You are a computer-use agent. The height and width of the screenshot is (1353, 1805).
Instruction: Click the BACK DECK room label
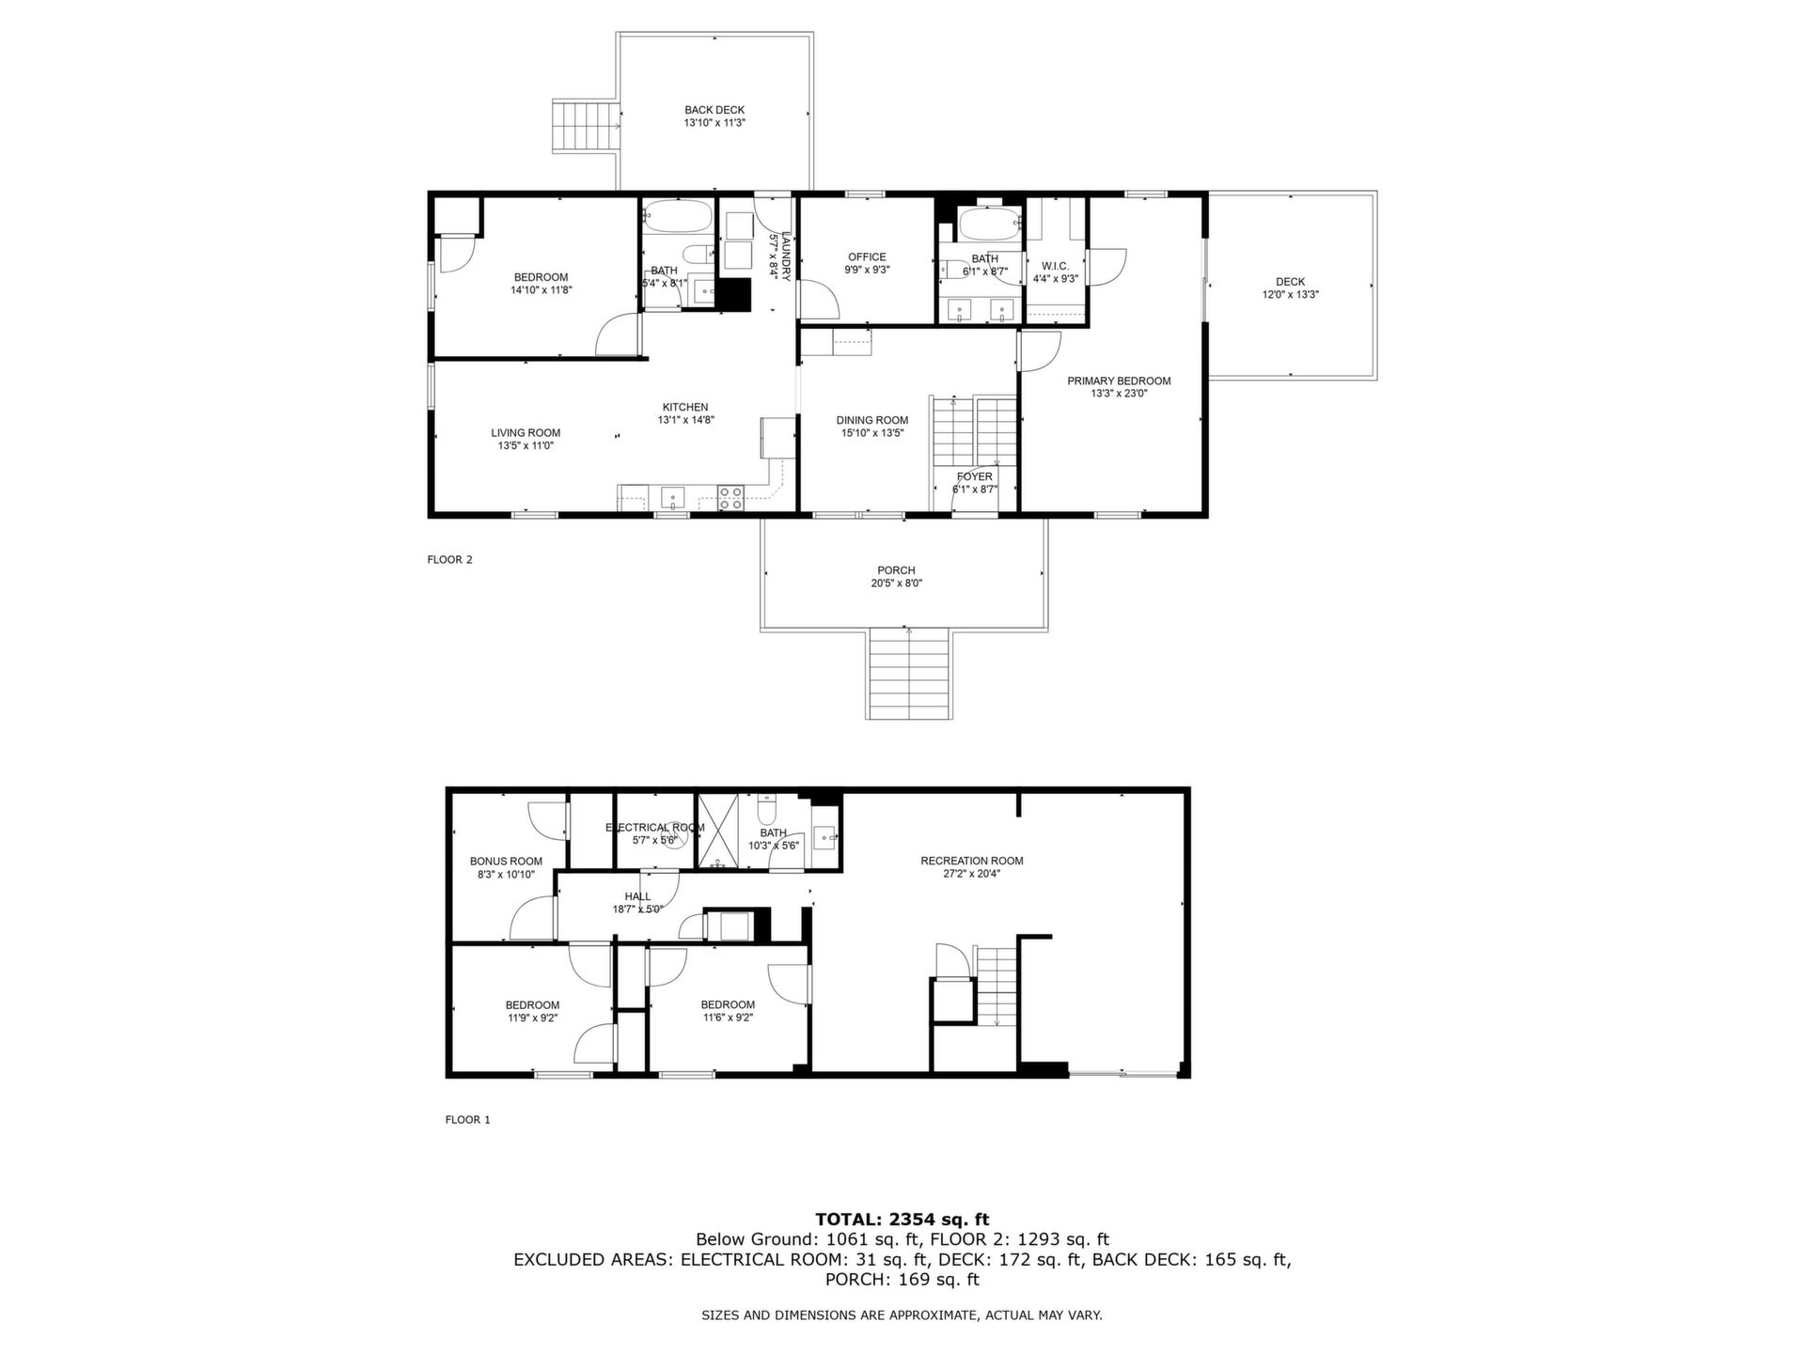point(714,110)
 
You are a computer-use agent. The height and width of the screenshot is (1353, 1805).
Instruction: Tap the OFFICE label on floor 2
point(867,257)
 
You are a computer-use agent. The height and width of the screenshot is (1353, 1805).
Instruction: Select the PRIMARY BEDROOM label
point(1119,381)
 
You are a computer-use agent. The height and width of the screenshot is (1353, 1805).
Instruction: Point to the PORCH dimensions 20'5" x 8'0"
point(896,583)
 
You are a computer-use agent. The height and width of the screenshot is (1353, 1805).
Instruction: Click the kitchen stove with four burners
point(730,497)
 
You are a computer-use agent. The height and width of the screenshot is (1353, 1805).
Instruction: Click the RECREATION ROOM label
point(972,861)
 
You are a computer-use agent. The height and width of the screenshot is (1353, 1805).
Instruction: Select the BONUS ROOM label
point(506,862)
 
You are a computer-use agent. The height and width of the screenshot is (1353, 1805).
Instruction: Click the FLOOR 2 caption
point(449,560)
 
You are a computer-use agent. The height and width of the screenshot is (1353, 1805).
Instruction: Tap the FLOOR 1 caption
point(467,1120)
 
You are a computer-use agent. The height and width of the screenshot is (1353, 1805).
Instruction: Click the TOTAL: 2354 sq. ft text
point(902,1220)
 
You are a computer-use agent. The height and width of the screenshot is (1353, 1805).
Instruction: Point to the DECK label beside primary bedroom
point(1291,282)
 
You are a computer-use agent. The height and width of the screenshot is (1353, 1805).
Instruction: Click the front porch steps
point(909,674)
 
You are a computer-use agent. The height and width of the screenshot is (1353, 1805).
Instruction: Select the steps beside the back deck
point(587,125)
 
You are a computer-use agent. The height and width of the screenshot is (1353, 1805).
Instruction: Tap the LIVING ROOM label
point(526,433)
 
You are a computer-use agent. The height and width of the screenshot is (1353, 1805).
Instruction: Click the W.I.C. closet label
point(1056,267)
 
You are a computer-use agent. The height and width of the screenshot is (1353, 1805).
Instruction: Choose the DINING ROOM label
point(872,421)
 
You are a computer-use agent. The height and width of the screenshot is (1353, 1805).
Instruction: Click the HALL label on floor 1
point(637,897)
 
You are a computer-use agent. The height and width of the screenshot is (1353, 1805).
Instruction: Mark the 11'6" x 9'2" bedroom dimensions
point(728,1018)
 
